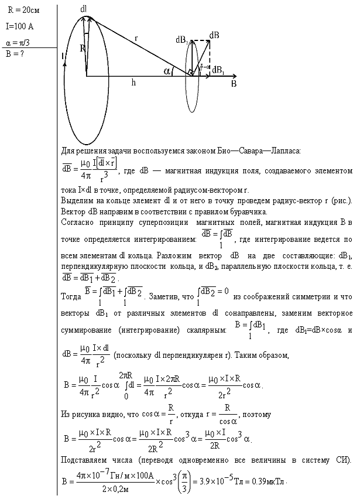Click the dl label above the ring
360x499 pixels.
[84, 9]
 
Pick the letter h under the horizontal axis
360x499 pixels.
[133, 83]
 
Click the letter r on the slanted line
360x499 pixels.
[136, 38]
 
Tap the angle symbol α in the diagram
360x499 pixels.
[168, 71]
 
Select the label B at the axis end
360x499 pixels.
[234, 84]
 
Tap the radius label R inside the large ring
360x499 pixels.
[83, 49]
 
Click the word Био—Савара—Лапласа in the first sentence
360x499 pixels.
[264, 151]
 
